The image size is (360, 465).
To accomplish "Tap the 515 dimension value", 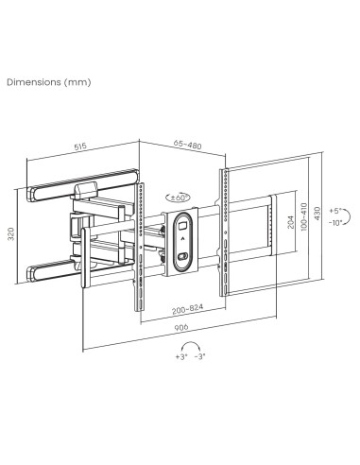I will click(x=81, y=147).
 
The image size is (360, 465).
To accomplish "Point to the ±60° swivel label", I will click(x=178, y=197).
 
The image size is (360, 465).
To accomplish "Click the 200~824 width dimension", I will click(x=206, y=308).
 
